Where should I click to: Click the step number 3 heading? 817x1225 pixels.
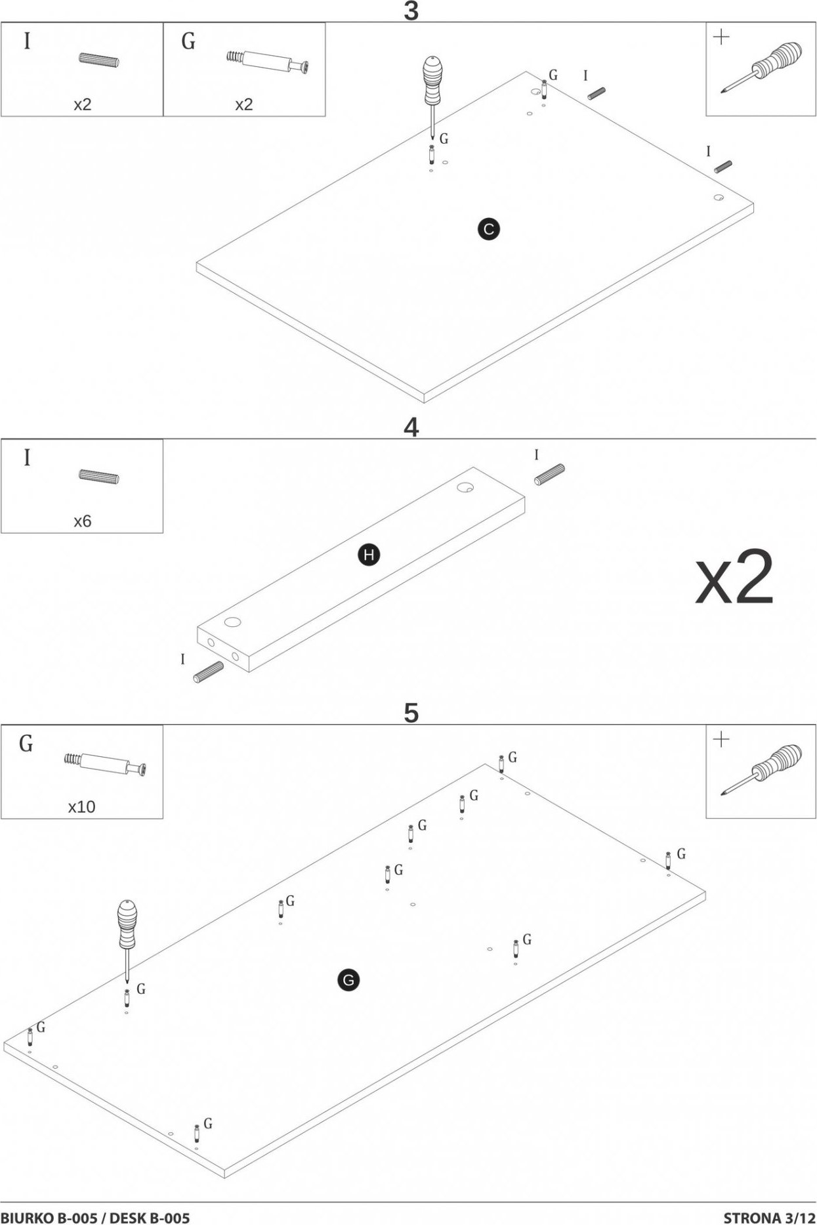[411, 11]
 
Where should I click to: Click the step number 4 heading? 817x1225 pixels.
[411, 427]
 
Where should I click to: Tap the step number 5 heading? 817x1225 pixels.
[411, 713]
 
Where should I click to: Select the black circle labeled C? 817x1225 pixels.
[488, 229]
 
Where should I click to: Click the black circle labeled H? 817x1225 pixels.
[369, 555]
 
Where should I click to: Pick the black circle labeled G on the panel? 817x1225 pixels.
[348, 981]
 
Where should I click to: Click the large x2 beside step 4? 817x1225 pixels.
[734, 578]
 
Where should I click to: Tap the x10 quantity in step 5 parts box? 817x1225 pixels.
[81, 806]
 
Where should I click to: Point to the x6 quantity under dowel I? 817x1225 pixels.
[82, 521]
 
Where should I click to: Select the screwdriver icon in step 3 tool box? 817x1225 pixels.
[762, 68]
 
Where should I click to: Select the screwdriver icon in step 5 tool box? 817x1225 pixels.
[762, 769]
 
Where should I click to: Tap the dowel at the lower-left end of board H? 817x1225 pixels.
[208, 672]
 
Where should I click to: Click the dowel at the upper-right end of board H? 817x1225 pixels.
[550, 474]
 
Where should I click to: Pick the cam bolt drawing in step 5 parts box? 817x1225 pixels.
[106, 764]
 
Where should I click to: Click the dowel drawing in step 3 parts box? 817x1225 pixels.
[99, 60]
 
